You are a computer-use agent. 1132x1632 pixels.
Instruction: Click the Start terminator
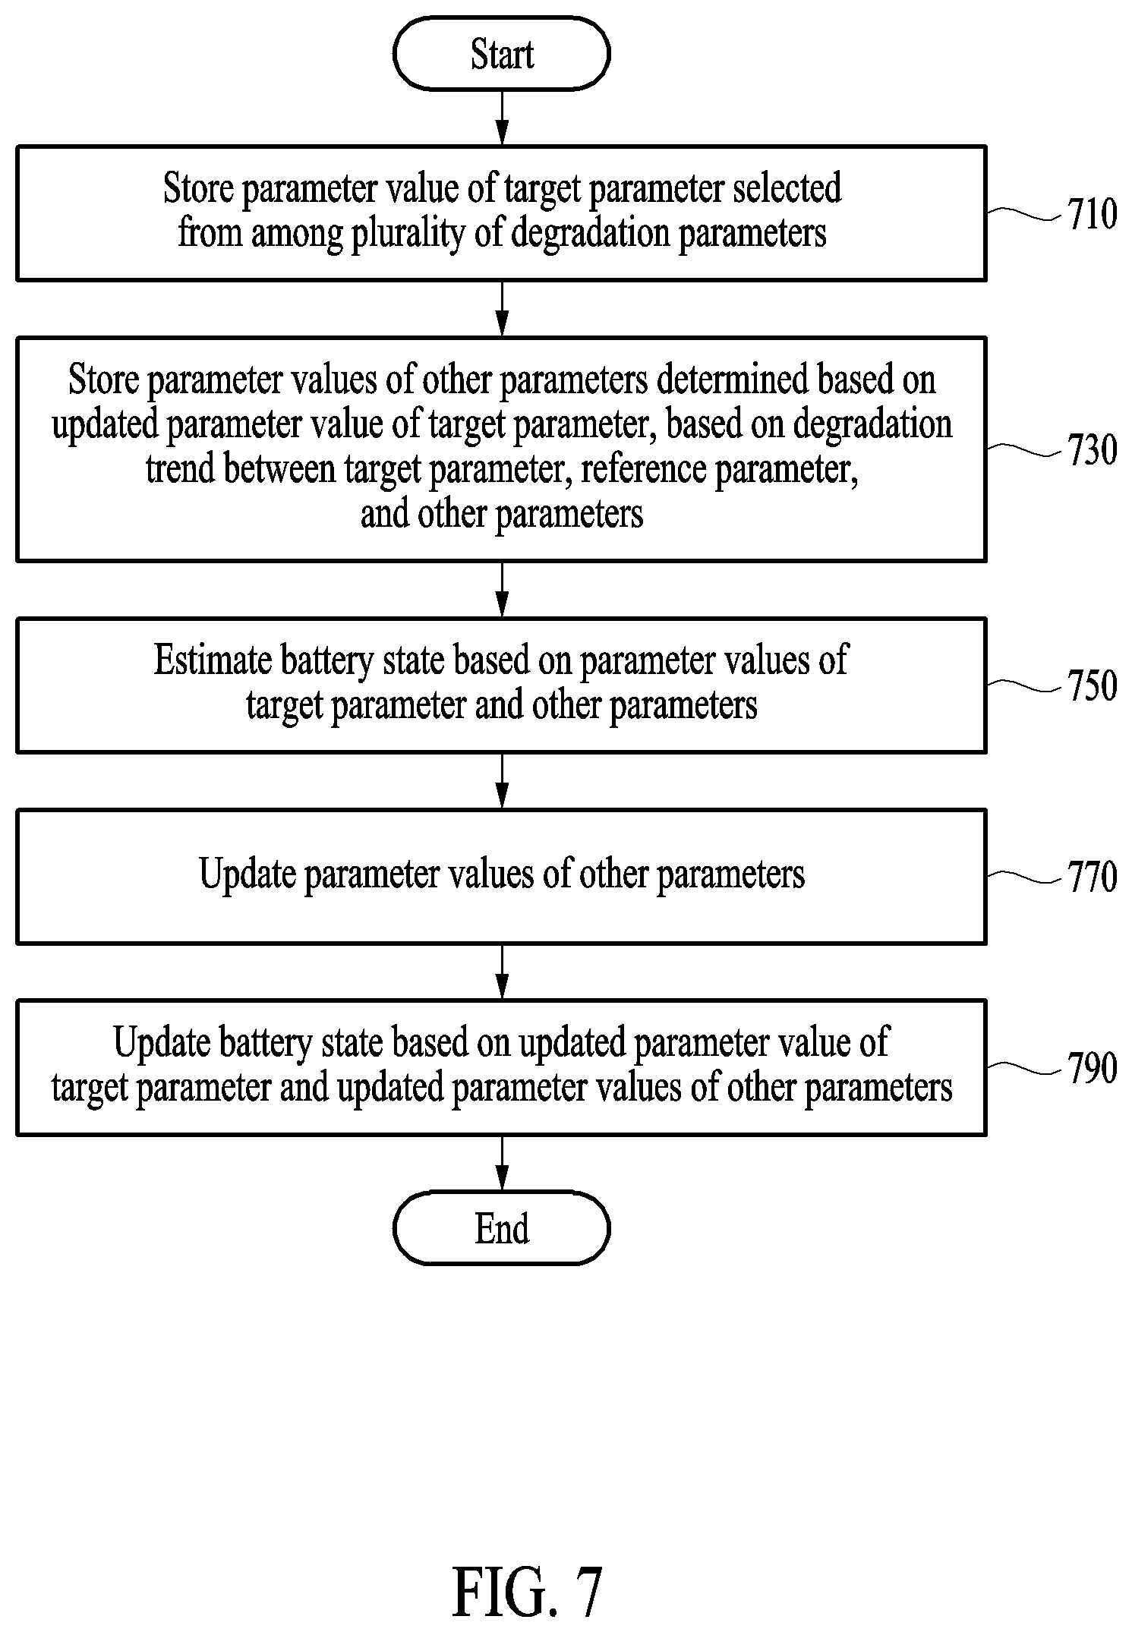501,54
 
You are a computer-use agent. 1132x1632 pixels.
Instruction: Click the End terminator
501,1228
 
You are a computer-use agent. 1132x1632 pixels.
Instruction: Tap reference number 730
1093,449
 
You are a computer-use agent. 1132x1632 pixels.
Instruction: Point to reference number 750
1093,685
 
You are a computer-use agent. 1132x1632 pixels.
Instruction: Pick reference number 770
1093,877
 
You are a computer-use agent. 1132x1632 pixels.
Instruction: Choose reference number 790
1093,1068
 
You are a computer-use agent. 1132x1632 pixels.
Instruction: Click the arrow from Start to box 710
501,118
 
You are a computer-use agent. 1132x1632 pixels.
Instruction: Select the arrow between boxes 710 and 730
501,309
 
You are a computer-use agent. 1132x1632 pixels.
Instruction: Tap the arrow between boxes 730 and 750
501,590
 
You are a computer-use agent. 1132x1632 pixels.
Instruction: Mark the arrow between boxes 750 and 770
501,781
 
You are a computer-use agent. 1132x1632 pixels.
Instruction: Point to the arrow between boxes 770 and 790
501,972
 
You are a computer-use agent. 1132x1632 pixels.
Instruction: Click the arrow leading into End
501,1164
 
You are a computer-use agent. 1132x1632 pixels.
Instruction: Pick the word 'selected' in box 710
787,188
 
